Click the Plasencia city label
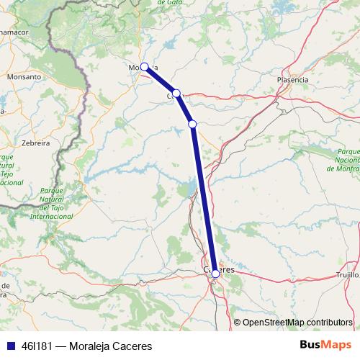pos(292,79)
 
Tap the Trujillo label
pos(348,275)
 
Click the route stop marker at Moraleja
pos(145,67)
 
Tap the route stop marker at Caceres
pos(215,273)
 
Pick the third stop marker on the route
pos(192,124)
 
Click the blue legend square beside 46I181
pos(9,346)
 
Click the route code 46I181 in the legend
pos(37,346)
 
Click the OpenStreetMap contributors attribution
pos(297,322)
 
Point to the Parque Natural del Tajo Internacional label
pos(50,202)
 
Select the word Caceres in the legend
pos(130,346)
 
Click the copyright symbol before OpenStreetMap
pos(238,322)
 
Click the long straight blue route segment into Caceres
pos(204,202)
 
